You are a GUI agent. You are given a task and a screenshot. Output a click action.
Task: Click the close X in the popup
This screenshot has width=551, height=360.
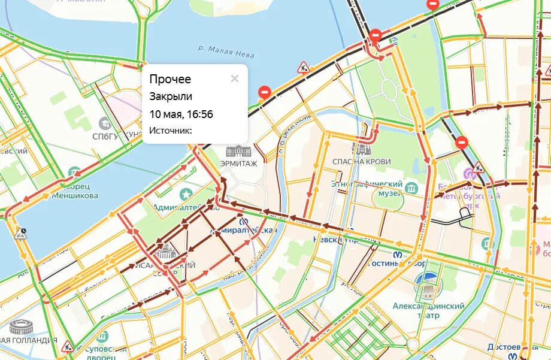coord(235,78)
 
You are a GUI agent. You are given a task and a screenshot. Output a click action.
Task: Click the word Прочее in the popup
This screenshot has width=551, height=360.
coord(170,79)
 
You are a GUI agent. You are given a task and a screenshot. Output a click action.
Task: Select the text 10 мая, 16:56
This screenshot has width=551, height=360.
coord(181,114)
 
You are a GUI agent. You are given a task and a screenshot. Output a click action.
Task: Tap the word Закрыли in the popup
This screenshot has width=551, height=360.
coord(171,96)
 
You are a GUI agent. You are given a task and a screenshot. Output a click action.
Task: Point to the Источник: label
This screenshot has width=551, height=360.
coord(171,130)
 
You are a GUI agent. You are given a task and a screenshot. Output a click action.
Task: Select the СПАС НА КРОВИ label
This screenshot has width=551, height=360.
coord(362,162)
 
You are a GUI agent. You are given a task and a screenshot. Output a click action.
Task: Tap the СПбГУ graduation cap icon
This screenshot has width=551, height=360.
coord(105,123)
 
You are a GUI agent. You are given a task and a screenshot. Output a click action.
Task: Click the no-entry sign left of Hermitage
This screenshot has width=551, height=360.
coord(264,92)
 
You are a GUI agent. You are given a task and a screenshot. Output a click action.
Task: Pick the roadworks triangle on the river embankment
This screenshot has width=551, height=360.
coord(303,66)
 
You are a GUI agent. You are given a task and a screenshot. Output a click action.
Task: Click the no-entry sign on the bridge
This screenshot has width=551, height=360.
coord(376,35)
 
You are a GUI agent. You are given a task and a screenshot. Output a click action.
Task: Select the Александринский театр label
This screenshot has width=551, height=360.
coord(428,310)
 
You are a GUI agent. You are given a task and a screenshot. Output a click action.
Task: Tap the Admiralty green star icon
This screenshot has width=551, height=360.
coord(186,193)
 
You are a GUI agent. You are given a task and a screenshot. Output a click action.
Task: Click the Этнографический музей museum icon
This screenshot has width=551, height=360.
coord(411,187)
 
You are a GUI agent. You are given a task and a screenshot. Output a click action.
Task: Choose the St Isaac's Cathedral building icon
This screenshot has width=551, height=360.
coord(165,252)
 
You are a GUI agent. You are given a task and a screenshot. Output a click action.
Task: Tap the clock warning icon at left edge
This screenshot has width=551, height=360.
coord(22,233)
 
